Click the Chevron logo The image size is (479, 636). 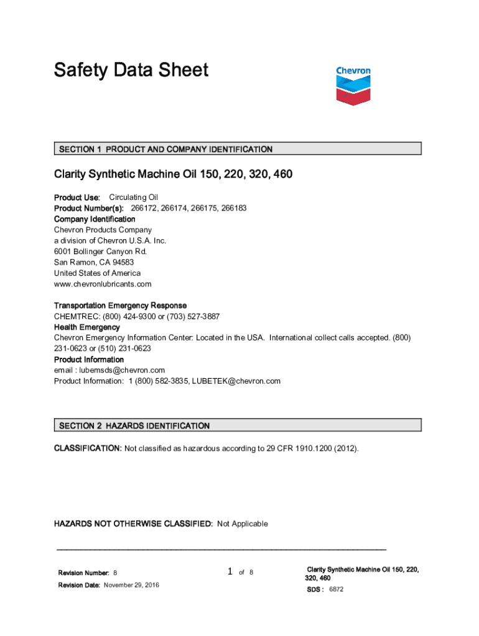[x=353, y=85]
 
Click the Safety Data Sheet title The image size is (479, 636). [x=131, y=70]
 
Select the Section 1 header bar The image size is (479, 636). [x=238, y=149]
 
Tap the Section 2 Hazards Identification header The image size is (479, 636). [x=238, y=425]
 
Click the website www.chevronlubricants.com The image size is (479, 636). [x=103, y=284]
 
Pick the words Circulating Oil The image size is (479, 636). [x=134, y=198]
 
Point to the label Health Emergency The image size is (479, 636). [x=87, y=327]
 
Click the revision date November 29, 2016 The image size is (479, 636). [x=131, y=585]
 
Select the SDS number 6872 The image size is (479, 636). [x=336, y=589]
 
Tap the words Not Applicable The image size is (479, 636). [x=243, y=524]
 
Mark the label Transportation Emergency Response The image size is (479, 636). [x=120, y=306]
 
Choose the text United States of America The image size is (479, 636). [x=97, y=273]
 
